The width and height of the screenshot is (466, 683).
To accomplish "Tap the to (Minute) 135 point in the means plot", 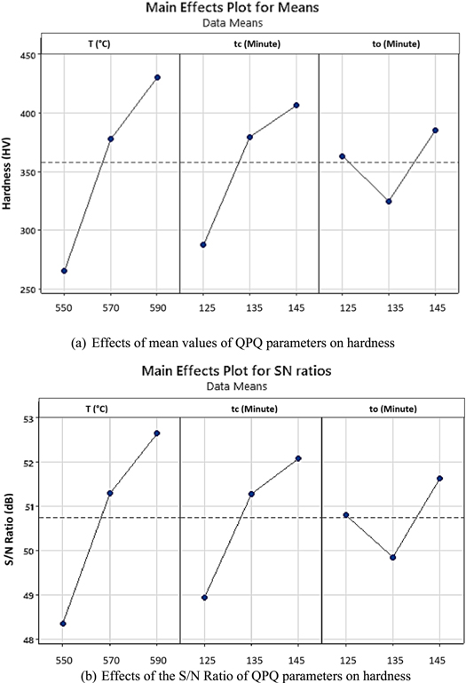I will (x=389, y=177).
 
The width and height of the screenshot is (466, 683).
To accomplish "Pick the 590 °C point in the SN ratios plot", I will (x=157, y=433).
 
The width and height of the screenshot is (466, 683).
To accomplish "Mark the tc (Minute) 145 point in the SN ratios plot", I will (x=298, y=458).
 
